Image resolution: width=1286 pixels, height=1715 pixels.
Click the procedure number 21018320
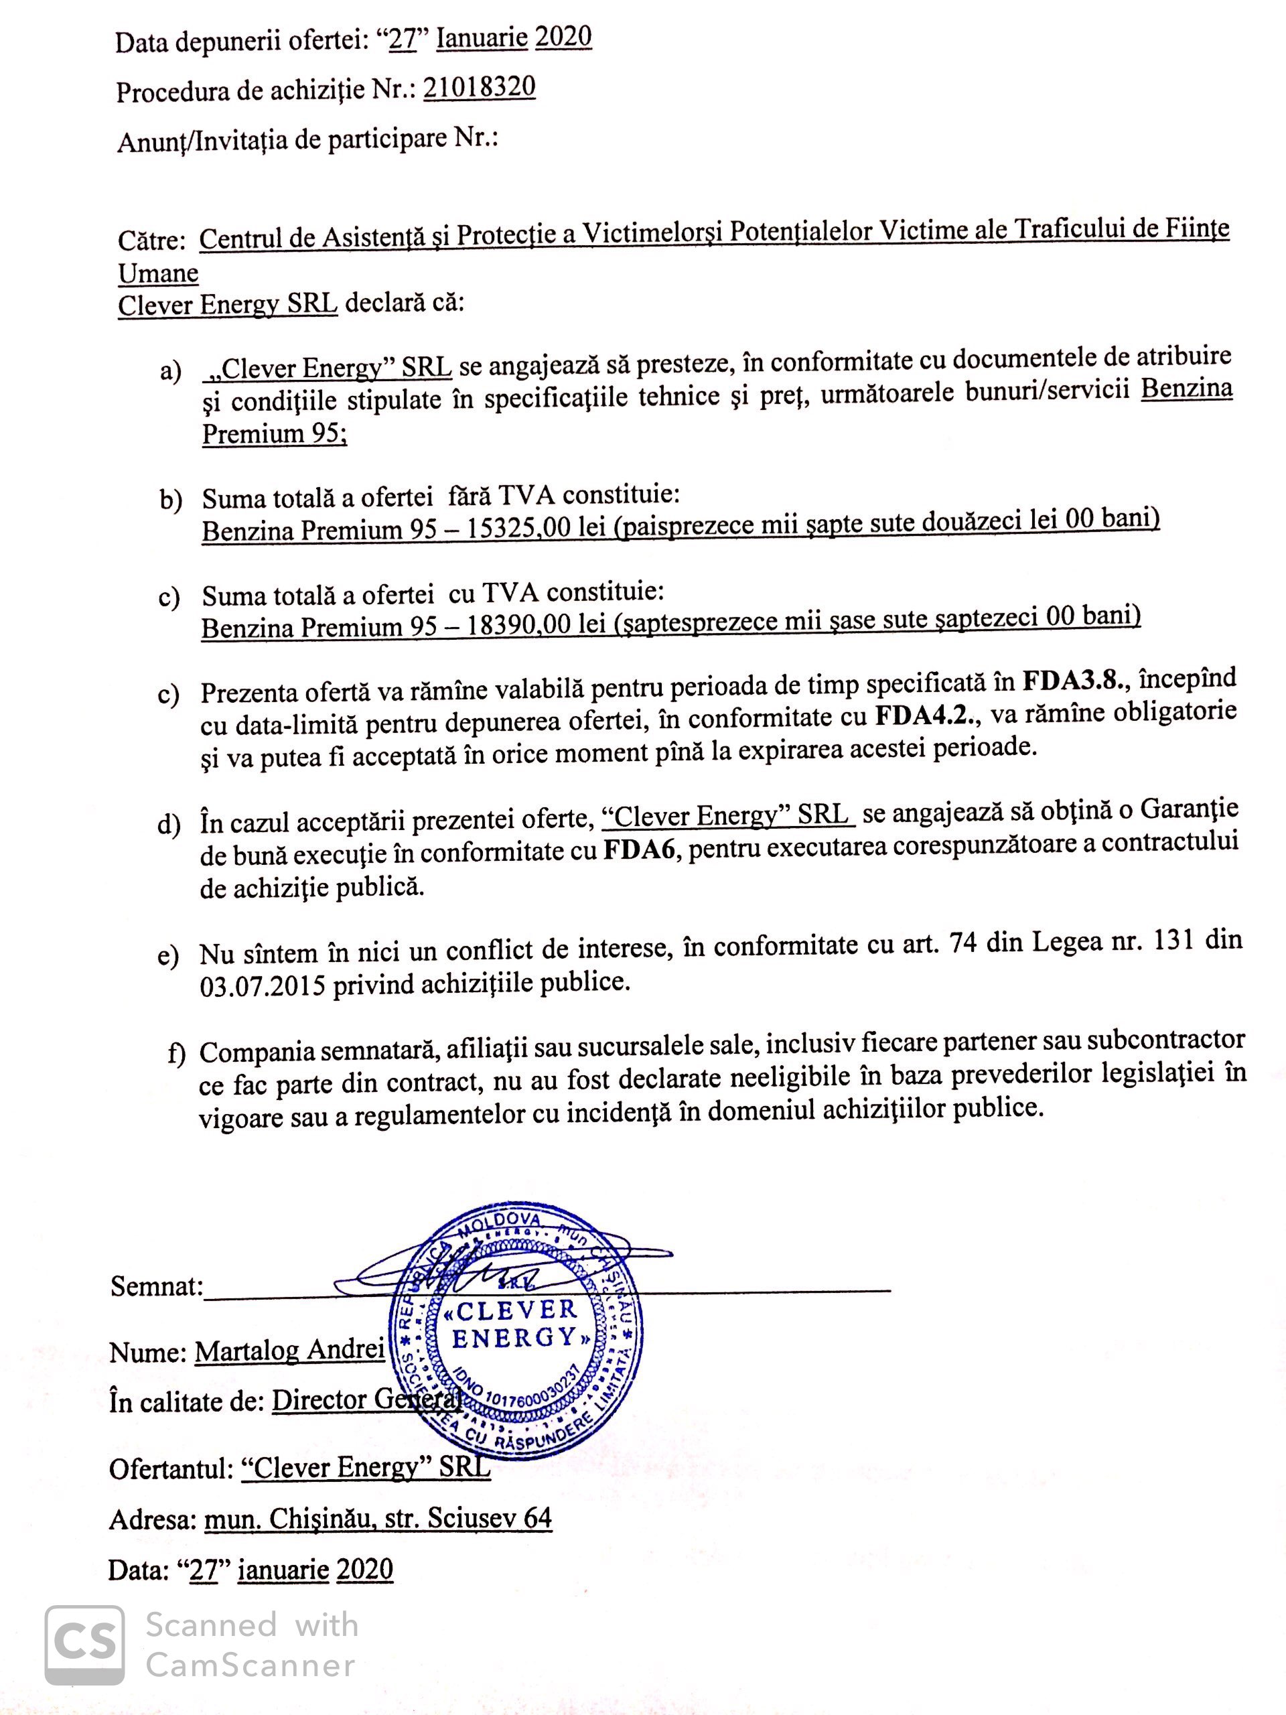coord(479,87)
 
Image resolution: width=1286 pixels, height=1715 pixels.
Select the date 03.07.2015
coord(262,985)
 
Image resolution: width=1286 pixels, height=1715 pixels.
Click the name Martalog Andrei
coord(289,1351)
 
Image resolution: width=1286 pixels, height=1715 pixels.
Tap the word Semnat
coord(156,1286)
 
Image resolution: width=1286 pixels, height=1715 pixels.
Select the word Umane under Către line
coord(158,273)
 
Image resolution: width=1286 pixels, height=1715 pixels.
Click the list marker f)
coord(177,1052)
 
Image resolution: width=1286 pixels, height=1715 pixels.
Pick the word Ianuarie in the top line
coord(482,38)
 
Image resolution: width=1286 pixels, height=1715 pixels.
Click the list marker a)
coord(171,370)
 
